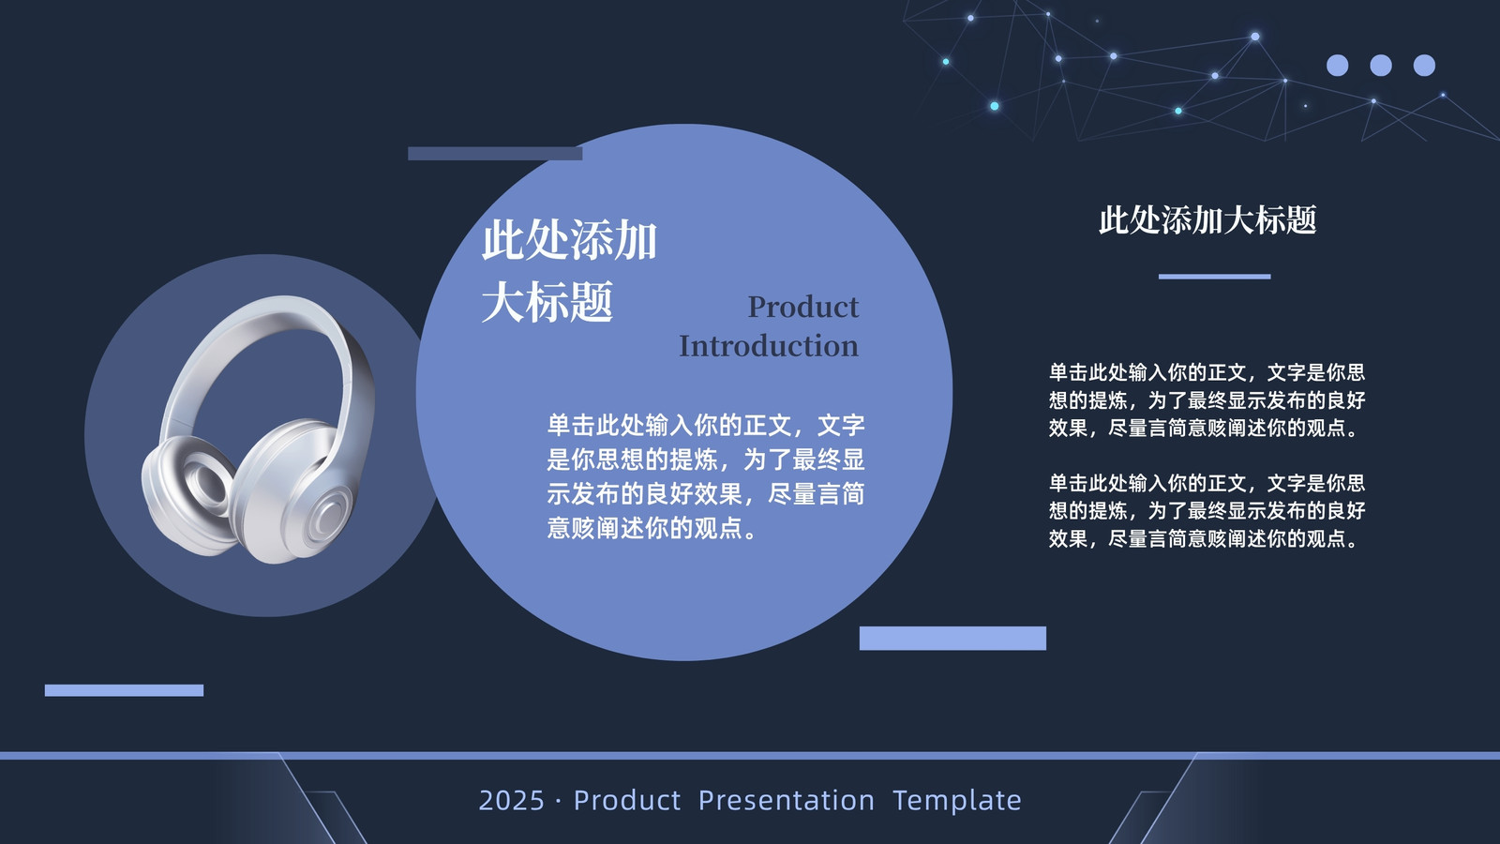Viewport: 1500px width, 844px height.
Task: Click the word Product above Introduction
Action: (x=802, y=307)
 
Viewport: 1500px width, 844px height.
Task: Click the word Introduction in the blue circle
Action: (x=768, y=346)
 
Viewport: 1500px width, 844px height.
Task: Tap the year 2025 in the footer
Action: (x=512, y=801)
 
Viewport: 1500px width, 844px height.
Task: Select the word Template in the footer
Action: (x=957, y=801)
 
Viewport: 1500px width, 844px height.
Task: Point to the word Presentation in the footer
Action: (x=787, y=801)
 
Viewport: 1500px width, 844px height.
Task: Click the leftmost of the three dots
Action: (x=1337, y=66)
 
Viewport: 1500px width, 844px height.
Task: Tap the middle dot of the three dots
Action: (x=1381, y=66)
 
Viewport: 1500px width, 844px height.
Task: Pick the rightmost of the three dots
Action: (x=1424, y=66)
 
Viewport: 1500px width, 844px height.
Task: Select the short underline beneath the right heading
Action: (x=1214, y=277)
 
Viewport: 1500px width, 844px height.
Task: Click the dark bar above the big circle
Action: (x=495, y=154)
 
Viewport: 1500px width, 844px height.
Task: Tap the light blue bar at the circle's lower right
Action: (x=952, y=639)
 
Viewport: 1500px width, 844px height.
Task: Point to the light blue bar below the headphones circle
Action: (x=124, y=690)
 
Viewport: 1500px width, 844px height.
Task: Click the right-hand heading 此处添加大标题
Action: (x=1207, y=220)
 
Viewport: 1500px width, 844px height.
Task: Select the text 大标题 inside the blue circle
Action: (x=547, y=302)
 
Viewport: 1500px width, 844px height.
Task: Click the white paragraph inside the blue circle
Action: (x=706, y=476)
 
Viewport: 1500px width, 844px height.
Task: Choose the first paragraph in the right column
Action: (x=1207, y=399)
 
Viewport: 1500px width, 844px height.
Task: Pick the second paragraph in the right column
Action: (x=1207, y=510)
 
